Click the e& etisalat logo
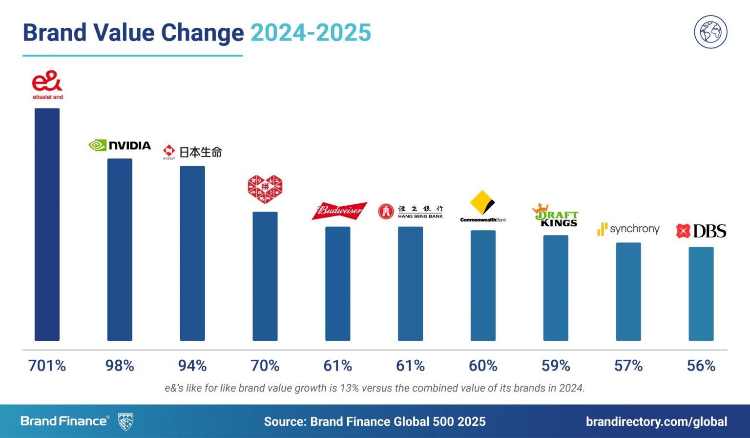click(47, 85)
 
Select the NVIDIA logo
click(120, 145)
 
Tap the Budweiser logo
click(339, 211)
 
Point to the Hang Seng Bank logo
click(411, 211)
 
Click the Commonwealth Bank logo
click(483, 207)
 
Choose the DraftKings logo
click(555, 215)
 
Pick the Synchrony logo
click(628, 229)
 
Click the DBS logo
click(701, 231)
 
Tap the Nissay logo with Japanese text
click(192, 152)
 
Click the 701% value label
click(47, 366)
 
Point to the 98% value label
click(120, 366)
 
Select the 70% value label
click(265, 366)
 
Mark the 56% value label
click(701, 366)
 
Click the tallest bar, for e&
click(47, 225)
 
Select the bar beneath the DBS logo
click(701, 294)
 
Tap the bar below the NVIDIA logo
click(120, 249)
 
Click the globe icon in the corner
click(710, 32)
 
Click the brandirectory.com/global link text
click(656, 421)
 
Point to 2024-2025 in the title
click(311, 33)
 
